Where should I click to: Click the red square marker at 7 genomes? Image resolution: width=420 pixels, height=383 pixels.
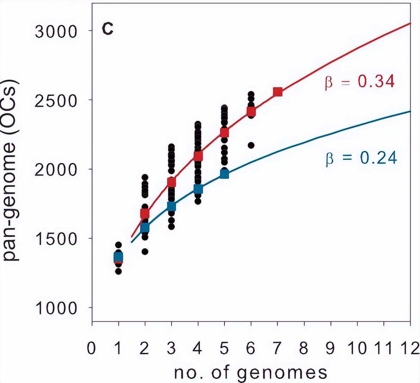coord(278,92)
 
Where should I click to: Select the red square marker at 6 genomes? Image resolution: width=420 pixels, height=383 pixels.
coord(251,112)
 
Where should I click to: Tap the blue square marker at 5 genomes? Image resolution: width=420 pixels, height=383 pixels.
coord(224,174)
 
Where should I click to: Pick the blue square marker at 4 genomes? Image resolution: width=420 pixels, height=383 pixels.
coord(198,189)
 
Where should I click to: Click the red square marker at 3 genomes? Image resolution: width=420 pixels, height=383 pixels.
coord(172,182)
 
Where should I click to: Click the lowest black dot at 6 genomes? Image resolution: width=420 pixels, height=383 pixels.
coord(251,145)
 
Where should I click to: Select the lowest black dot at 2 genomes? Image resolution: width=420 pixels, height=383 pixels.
coord(145,251)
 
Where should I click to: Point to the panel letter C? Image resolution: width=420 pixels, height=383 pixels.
coord(107,29)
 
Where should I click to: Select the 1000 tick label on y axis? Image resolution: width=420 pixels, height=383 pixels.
coord(56,308)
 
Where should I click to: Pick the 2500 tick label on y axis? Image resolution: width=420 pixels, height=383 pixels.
coord(56,101)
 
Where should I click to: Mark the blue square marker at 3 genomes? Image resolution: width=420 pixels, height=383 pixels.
coord(172,206)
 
